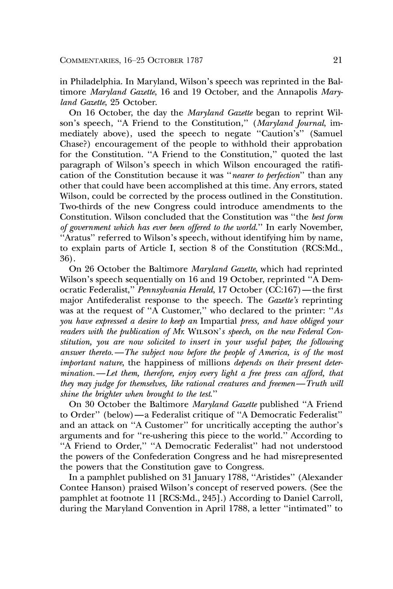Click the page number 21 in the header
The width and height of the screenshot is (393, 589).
point(337,60)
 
